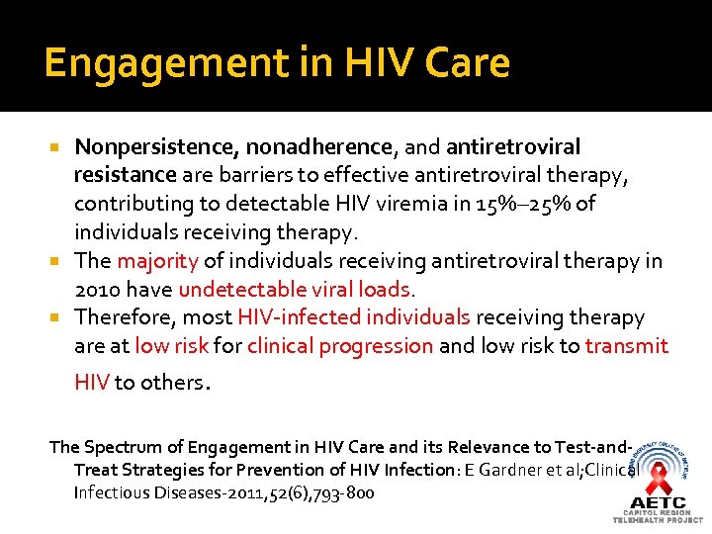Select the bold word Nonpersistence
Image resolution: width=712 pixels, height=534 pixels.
tap(154, 147)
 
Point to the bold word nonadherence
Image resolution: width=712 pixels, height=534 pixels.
tap(319, 147)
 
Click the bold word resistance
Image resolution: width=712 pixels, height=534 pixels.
tap(126, 176)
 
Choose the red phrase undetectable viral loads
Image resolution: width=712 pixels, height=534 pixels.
tap(294, 290)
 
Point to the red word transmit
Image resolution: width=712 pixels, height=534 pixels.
tap(626, 346)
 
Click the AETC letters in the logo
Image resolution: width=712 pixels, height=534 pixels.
tap(658, 502)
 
